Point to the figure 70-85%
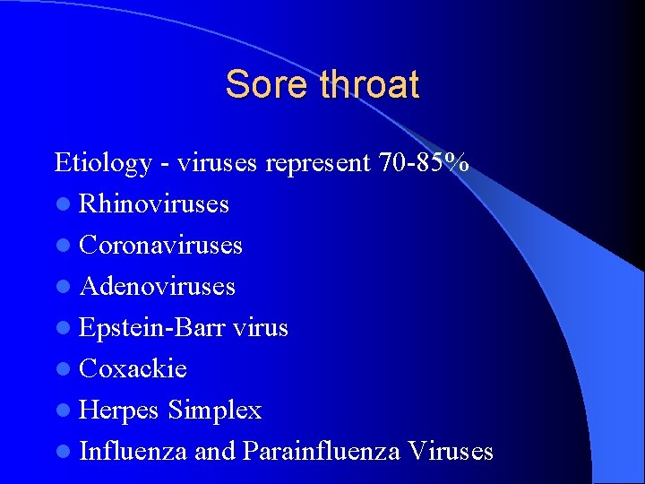pyautogui.click(x=423, y=162)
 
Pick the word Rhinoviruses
pyautogui.click(x=154, y=204)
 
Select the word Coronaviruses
pyautogui.click(x=161, y=245)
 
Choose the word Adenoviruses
pyautogui.click(x=158, y=287)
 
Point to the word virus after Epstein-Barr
pyautogui.click(x=261, y=328)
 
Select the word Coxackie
pyautogui.click(x=133, y=368)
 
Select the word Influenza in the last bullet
pyautogui.click(x=133, y=451)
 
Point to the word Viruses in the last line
pyautogui.click(x=451, y=451)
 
